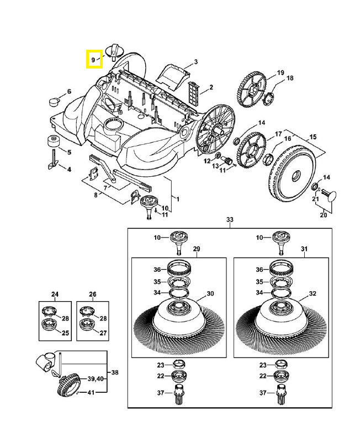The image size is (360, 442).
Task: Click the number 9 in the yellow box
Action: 93,59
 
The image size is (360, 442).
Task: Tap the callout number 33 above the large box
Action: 230,220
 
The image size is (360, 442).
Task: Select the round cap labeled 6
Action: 54,101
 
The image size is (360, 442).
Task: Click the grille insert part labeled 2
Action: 193,90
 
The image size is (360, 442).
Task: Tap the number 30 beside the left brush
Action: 210,293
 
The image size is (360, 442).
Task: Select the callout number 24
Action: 55,294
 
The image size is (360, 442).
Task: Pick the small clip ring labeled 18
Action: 271,98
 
